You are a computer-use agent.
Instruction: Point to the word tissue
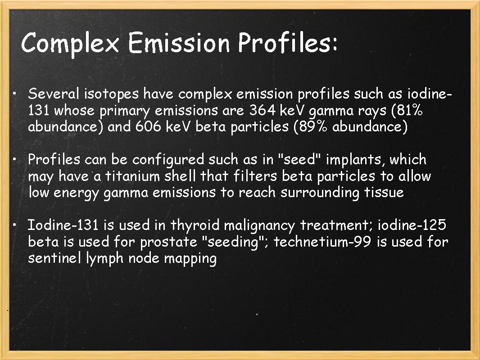click(382, 192)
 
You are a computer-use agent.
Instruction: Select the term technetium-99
click(323, 242)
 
